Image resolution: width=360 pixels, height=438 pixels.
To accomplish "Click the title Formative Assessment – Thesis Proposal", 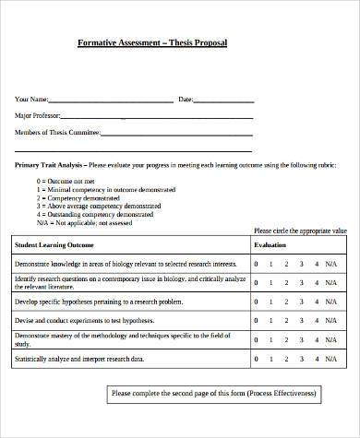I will point(151,43).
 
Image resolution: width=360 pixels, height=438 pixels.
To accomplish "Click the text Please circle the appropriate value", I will point(301,231).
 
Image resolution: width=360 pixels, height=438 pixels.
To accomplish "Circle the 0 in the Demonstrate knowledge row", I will point(256,264).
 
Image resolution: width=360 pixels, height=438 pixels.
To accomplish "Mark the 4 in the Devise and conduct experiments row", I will point(317,320).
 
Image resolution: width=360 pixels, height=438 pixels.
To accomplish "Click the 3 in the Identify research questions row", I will point(302,282).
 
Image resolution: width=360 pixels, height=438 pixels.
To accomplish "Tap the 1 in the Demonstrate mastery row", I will point(270,338).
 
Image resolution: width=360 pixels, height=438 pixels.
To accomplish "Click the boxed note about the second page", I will point(213,395).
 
